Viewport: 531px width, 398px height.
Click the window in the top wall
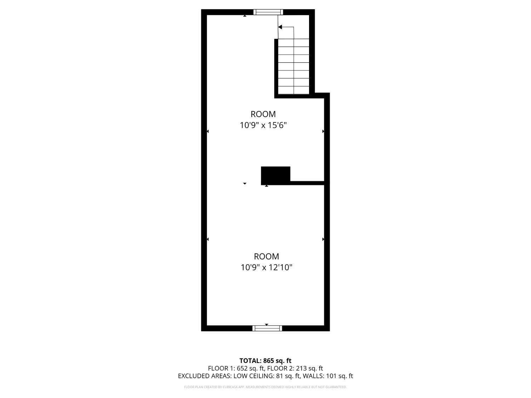point(268,12)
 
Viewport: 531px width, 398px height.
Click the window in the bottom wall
point(267,328)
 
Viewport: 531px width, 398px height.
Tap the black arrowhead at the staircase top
point(280,27)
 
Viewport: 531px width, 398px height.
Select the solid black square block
point(275,176)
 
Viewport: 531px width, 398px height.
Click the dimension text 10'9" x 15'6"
point(263,125)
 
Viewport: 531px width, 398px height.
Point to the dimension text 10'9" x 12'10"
point(266,267)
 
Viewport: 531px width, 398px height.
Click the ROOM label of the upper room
point(263,114)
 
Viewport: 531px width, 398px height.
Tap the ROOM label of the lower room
point(266,256)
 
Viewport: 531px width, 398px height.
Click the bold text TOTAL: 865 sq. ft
point(265,360)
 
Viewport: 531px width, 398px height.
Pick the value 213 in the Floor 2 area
point(301,368)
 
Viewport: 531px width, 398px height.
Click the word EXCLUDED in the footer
point(193,376)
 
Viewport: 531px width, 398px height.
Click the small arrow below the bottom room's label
point(267,324)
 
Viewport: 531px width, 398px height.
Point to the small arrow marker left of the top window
point(245,16)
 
